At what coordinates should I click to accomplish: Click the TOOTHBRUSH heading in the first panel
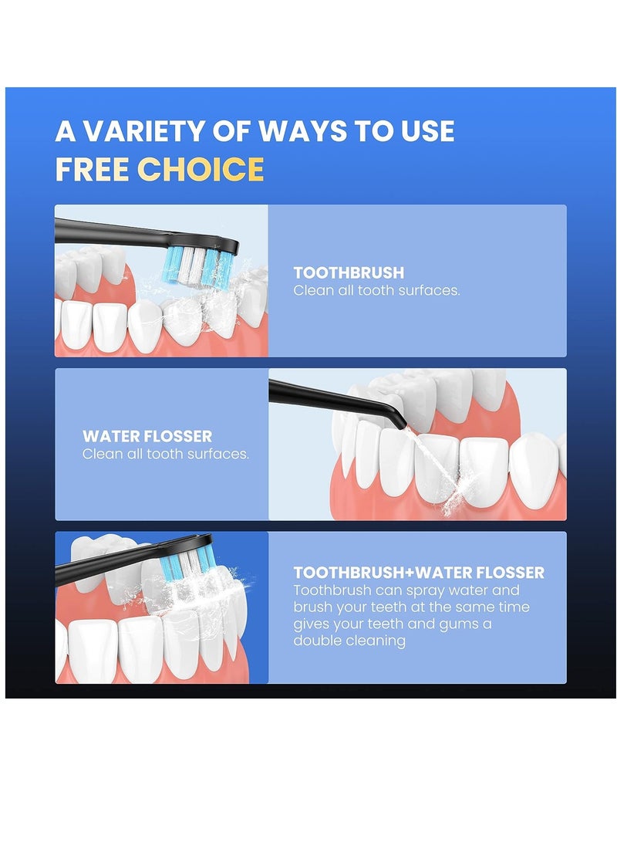(349, 272)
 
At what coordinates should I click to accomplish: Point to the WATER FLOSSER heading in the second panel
(147, 436)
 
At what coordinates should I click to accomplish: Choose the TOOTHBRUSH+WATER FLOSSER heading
(419, 573)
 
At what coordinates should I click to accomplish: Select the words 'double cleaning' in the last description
(349, 641)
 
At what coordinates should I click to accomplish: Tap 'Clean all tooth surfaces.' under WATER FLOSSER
(166, 454)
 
